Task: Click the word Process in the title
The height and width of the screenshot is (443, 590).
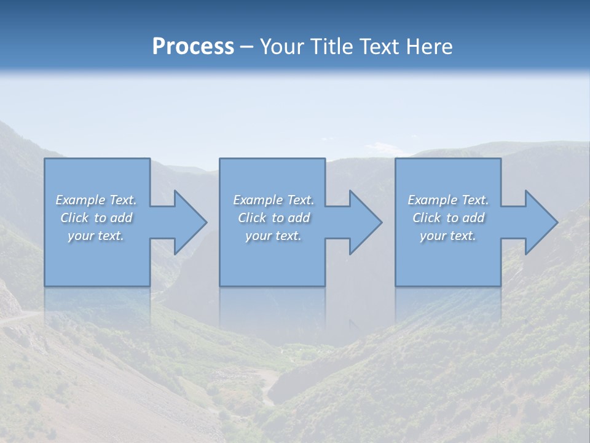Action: pyautogui.click(x=193, y=47)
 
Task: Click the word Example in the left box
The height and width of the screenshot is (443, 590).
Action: pyautogui.click(x=81, y=200)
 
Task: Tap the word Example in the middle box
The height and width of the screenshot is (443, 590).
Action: pyautogui.click(x=258, y=200)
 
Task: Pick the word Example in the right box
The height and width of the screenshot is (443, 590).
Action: pyautogui.click(x=433, y=200)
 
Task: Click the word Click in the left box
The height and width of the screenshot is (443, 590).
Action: pyautogui.click(x=74, y=218)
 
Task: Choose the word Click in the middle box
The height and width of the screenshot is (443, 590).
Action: pyautogui.click(x=252, y=218)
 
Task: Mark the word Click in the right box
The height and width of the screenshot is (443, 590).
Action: pyautogui.click(x=427, y=218)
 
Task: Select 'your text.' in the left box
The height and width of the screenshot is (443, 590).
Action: pyautogui.click(x=96, y=236)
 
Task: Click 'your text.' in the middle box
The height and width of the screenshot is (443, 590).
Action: pyautogui.click(x=273, y=236)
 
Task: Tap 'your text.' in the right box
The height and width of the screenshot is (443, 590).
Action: pyautogui.click(x=448, y=236)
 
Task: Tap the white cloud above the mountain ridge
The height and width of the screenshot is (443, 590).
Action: pyautogui.click(x=384, y=148)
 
